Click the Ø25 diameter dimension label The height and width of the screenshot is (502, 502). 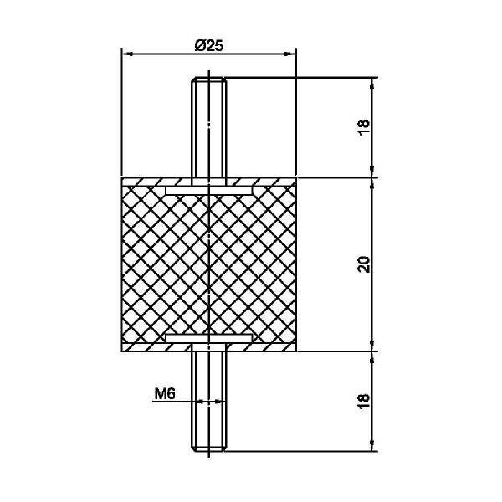point(208,46)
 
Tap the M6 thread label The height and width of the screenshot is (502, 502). point(165,393)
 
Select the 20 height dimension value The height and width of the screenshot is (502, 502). point(363,264)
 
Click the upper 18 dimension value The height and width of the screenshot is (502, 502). point(363,128)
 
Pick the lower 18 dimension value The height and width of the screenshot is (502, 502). point(363,401)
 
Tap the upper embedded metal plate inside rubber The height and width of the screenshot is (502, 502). point(208,191)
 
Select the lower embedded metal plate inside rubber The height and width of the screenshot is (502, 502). point(208,338)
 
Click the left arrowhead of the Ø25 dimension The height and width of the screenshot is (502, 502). point(127,54)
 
